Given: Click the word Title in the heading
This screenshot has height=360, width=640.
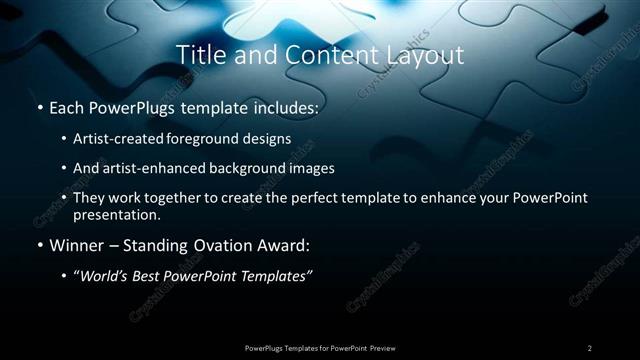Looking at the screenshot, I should [x=200, y=56].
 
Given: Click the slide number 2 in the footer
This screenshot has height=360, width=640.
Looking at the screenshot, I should [x=590, y=348].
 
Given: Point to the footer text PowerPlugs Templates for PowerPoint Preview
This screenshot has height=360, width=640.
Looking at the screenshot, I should [x=320, y=348].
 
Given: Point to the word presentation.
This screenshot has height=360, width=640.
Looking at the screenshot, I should [x=116, y=214].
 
